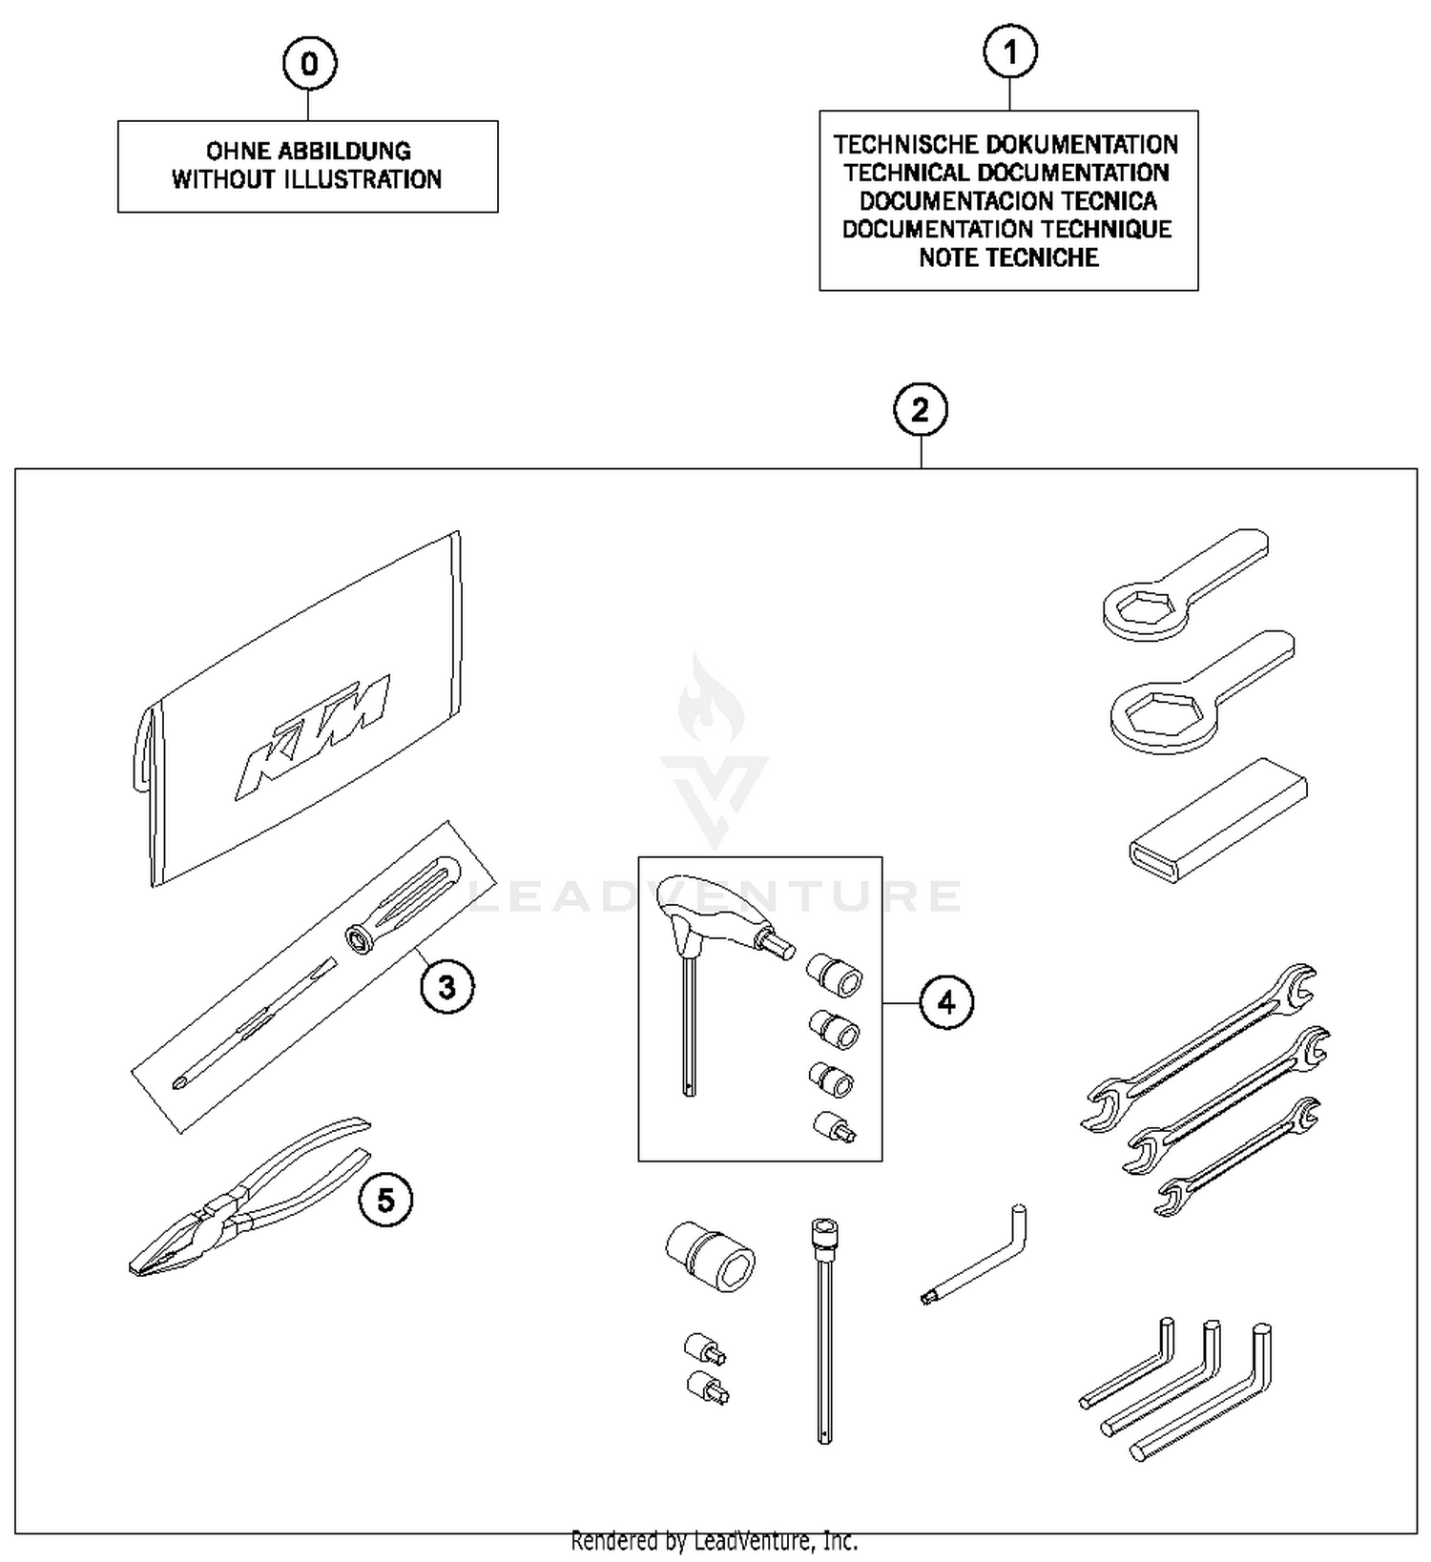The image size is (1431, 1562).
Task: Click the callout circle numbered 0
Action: [x=309, y=64]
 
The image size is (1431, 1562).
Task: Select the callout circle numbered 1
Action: [x=1010, y=52]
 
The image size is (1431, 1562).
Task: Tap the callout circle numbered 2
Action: [x=920, y=411]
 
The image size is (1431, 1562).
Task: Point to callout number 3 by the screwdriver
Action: [x=447, y=987]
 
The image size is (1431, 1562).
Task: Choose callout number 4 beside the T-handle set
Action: [x=946, y=1002]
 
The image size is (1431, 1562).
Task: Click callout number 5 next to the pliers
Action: [x=385, y=1200]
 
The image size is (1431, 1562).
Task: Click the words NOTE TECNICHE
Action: [x=1008, y=257]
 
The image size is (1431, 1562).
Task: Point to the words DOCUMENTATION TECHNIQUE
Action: [x=1006, y=229]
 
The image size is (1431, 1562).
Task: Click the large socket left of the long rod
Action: [x=710, y=1255]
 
